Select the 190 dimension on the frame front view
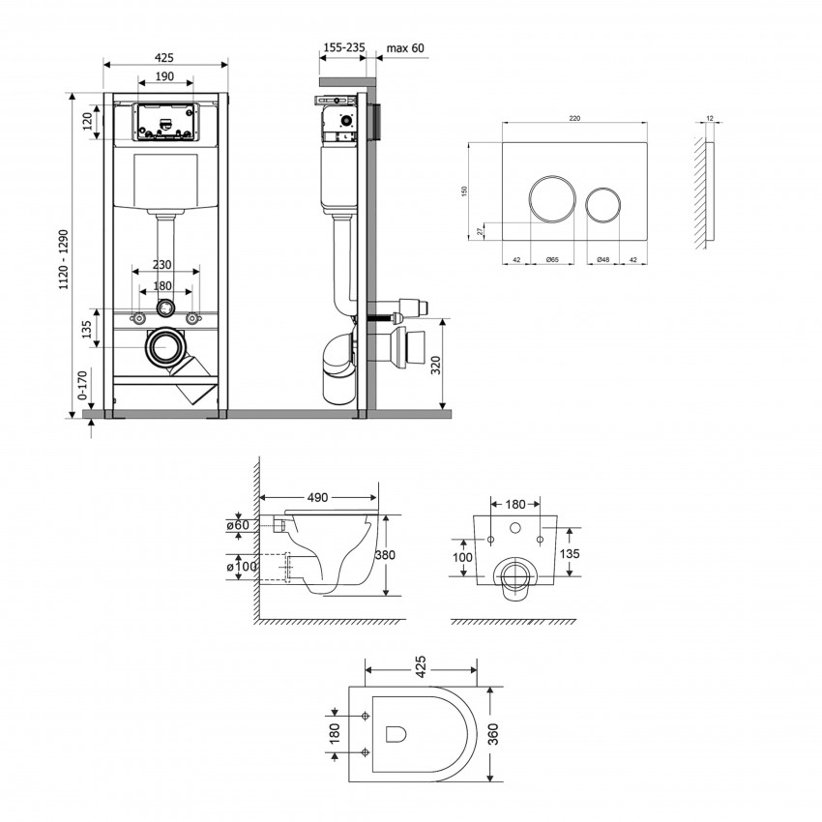pyautogui.click(x=164, y=77)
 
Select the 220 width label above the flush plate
pyautogui.click(x=574, y=118)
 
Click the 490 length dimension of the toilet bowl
pyautogui.click(x=318, y=497)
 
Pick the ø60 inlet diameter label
pyautogui.click(x=239, y=526)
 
